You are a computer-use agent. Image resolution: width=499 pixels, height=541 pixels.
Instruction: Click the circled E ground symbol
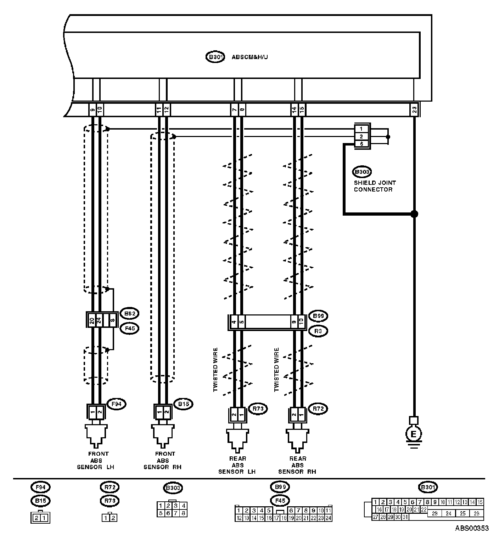(414, 433)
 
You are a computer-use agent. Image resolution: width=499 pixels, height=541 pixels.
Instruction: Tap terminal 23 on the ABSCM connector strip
(414, 110)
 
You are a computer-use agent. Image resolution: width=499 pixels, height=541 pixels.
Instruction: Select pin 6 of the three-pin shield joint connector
(361, 144)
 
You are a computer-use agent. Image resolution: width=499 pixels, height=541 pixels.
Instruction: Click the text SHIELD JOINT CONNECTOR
(375, 186)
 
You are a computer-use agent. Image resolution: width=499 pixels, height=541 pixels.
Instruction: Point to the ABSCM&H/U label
(250, 57)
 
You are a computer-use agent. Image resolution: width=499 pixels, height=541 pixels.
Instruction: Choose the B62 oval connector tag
(129, 313)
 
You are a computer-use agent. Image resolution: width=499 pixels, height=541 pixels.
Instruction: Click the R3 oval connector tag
(318, 331)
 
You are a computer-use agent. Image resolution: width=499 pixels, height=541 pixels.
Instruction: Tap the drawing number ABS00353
(472, 528)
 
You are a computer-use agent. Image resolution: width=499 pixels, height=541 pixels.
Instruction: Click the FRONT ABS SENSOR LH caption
(96, 460)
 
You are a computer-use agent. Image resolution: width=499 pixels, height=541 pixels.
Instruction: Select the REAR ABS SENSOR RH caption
(297, 465)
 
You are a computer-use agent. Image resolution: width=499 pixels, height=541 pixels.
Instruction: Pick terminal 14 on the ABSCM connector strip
(294, 110)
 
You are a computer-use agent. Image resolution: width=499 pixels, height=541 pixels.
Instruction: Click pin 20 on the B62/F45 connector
(92, 321)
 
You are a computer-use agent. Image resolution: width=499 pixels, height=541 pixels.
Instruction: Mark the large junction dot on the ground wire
(414, 214)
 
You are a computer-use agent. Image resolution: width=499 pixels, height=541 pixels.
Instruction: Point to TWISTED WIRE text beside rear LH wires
(215, 370)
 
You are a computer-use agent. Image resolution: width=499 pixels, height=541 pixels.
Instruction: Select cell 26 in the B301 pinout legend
(476, 513)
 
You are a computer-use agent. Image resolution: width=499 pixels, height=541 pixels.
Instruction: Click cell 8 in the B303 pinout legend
(183, 513)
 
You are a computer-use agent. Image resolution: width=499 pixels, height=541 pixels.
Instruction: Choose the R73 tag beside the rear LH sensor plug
(258, 409)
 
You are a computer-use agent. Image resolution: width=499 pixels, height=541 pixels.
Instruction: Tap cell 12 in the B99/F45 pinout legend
(239, 518)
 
